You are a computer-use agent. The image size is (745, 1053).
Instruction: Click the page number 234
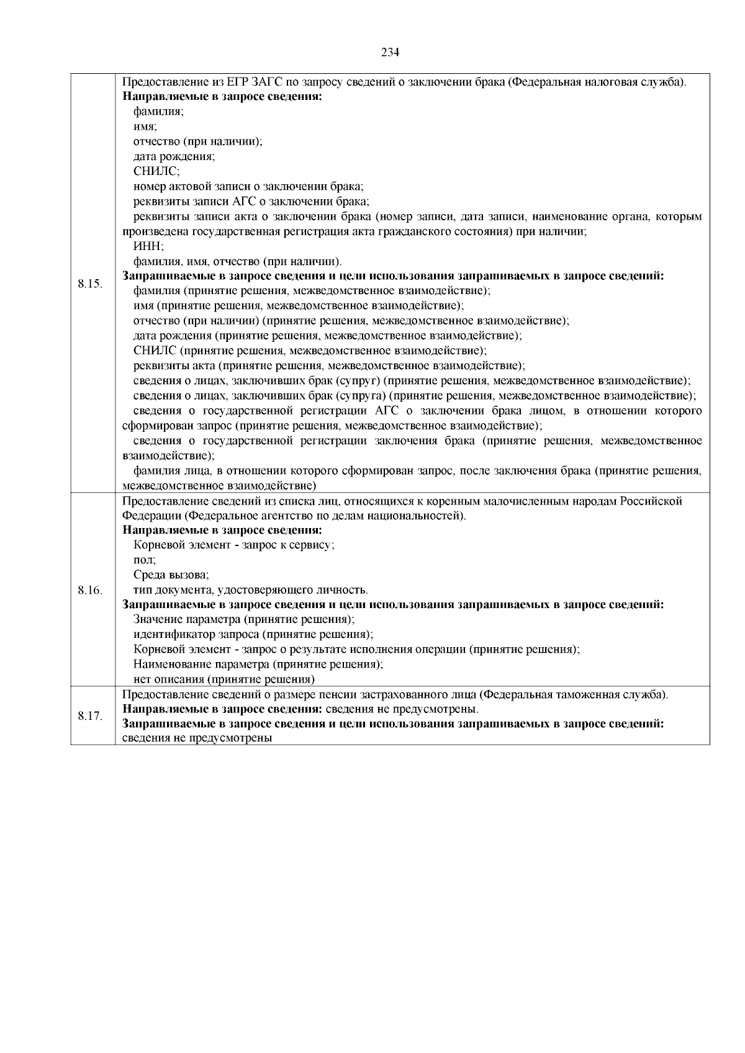(390, 52)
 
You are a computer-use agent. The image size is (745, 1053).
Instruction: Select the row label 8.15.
(90, 284)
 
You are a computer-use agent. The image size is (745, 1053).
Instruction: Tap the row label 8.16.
(90, 590)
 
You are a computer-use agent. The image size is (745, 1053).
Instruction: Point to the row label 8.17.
(90, 716)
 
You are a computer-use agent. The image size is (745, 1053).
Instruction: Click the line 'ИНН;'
(145, 246)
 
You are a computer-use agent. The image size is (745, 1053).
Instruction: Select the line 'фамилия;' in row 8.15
(158, 112)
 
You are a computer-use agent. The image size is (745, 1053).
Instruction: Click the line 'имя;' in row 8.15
(145, 127)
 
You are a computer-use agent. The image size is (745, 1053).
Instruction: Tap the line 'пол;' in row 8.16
(145, 560)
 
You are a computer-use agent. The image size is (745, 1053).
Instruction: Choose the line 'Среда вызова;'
(171, 575)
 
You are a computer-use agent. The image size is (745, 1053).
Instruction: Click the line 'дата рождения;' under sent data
(174, 156)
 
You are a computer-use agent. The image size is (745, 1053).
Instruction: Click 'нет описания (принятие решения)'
(224, 679)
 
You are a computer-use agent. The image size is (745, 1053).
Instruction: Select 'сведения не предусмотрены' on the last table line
(198, 738)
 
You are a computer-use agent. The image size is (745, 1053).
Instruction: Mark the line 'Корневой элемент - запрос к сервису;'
(235, 545)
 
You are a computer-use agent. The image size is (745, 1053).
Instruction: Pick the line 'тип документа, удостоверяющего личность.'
(251, 590)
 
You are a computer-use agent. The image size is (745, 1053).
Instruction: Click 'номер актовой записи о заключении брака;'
(248, 186)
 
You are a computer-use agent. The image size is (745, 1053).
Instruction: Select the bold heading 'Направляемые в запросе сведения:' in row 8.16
(222, 530)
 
